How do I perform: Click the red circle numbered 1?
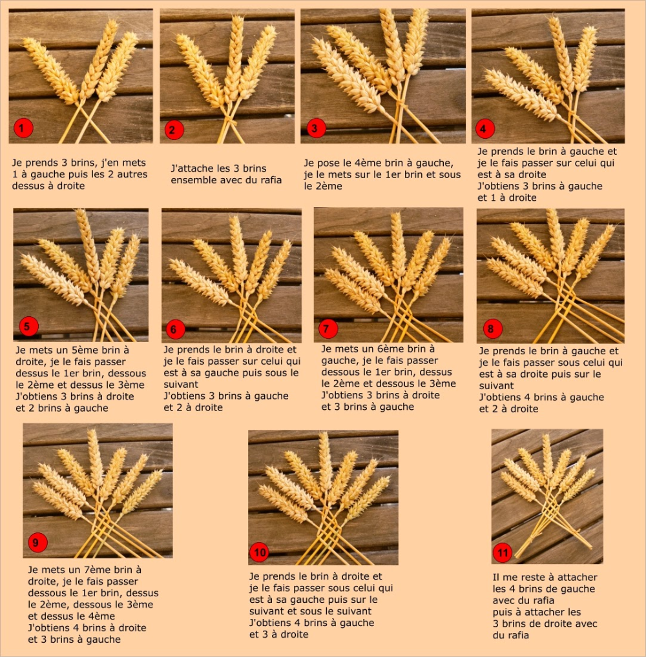23,128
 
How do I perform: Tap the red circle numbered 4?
484,128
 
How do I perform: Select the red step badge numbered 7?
328,328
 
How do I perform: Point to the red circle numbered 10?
260,552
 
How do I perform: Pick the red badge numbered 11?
503,553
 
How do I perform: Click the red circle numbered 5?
28,327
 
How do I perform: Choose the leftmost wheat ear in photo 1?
50,70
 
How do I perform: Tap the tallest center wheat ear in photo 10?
325,461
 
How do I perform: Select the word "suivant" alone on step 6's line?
181,384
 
